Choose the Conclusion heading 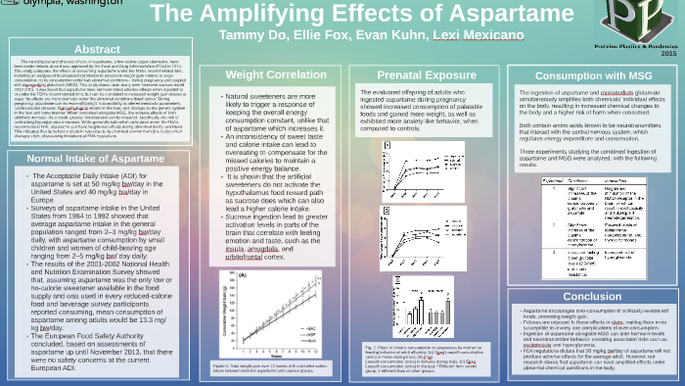click(x=592, y=296)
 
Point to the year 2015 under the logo click(x=668, y=53)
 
